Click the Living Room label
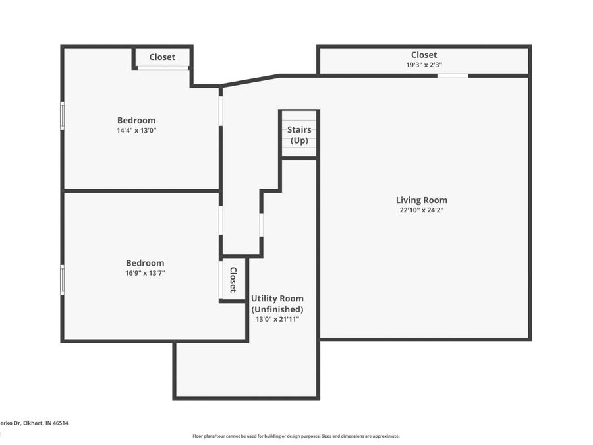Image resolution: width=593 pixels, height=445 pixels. point(421,200)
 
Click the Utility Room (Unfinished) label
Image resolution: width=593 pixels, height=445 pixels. point(277,304)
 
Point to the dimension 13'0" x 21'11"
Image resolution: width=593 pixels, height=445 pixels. point(277,319)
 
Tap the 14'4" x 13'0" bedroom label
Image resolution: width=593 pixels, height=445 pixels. point(136,121)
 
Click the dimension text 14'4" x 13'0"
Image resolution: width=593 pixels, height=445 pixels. point(136,131)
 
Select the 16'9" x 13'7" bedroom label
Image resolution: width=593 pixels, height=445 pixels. point(145,263)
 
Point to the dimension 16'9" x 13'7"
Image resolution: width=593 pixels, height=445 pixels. point(145,273)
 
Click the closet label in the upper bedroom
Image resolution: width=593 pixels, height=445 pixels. point(162,57)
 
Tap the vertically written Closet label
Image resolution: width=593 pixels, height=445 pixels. point(233,280)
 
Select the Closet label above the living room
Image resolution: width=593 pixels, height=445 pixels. point(424,55)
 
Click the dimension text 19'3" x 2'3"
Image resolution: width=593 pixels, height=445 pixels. point(424,65)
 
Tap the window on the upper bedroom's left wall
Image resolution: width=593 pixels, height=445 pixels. point(63,115)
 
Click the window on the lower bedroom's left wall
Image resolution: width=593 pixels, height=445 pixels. point(63,280)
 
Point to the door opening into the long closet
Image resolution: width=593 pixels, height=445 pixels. point(453,76)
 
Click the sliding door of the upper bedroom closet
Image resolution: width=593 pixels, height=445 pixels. point(163,67)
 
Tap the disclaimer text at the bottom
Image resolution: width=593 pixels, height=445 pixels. point(296,436)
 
